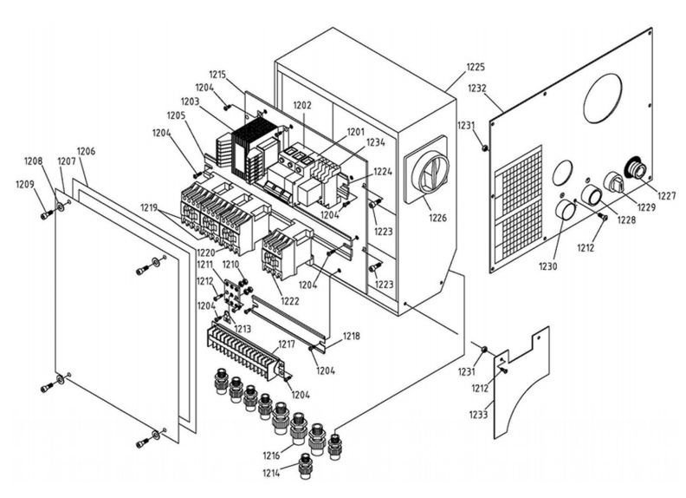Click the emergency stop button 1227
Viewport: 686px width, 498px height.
[x=635, y=168]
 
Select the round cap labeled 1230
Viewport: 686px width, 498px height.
[x=566, y=213]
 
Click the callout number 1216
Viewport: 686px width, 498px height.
[x=270, y=455]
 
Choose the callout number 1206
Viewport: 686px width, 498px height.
[x=86, y=151]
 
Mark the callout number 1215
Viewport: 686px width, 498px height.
[x=217, y=75]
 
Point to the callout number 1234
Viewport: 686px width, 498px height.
[x=375, y=141]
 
